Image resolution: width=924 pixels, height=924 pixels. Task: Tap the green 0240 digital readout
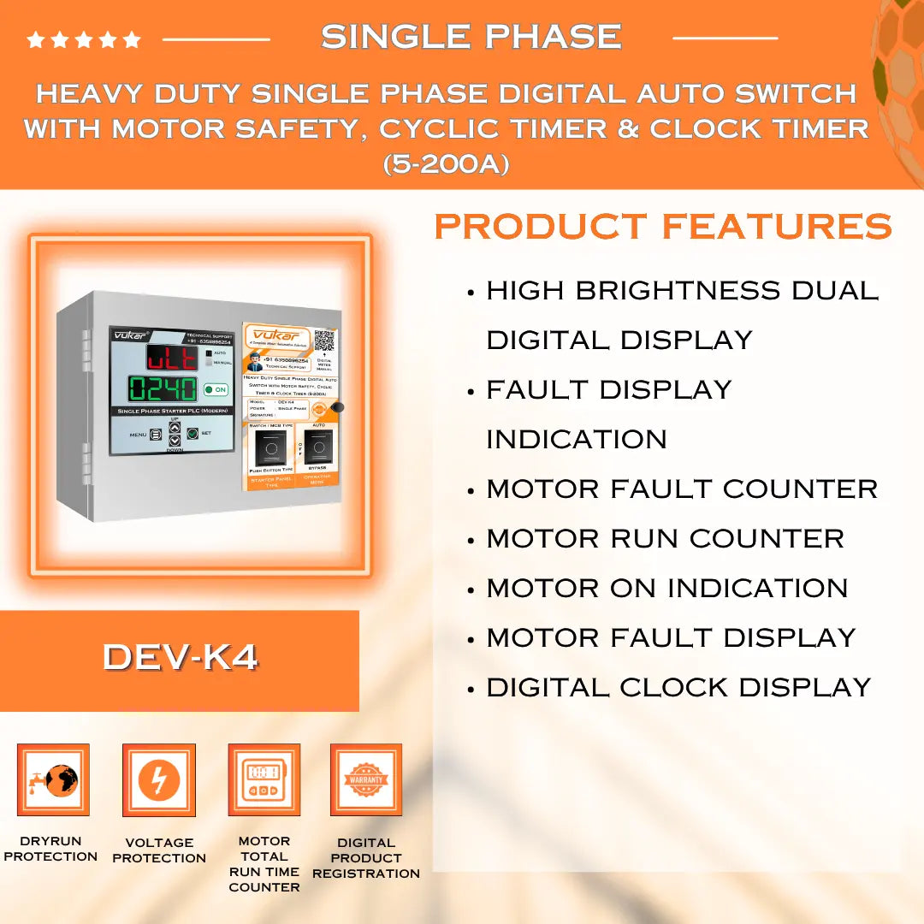tap(163, 389)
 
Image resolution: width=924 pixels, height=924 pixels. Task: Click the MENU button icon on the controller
tap(156, 435)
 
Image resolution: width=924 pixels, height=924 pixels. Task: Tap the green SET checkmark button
tap(192, 434)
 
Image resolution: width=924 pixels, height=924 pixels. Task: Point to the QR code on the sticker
tap(324, 341)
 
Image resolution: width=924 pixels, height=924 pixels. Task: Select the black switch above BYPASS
tap(318, 446)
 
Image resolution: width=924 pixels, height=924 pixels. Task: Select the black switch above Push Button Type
tap(271, 447)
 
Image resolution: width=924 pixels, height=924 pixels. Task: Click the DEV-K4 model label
tap(180, 657)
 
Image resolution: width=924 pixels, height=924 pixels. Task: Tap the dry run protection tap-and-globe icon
tap(53, 779)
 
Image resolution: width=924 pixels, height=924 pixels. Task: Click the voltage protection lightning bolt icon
tap(159, 779)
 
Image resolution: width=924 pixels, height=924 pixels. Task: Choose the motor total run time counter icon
tap(264, 779)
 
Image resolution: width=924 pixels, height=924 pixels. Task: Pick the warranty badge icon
tap(366, 779)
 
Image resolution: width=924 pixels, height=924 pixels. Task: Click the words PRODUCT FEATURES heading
tap(663, 227)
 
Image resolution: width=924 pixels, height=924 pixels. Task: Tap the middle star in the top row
tap(84, 40)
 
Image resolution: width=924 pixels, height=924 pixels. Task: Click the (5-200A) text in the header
tap(446, 163)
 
